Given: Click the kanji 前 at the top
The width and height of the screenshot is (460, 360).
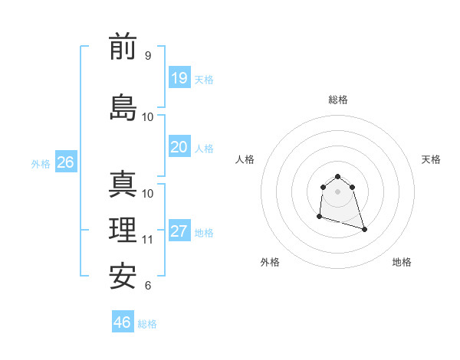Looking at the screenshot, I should coord(123,47).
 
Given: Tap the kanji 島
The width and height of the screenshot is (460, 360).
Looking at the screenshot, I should coord(123,107).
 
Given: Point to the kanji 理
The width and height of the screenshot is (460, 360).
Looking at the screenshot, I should coord(123,231).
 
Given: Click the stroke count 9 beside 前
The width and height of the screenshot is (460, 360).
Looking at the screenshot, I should coord(147,56).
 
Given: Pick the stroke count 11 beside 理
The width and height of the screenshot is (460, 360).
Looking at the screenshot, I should coord(148,240).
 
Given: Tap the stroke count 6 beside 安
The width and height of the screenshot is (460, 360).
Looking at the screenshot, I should coord(147,286).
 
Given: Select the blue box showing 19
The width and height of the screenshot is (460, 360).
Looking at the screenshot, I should coord(179,78).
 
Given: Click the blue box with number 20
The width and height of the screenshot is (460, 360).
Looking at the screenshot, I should coord(179,147).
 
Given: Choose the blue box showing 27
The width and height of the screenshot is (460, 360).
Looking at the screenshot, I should coord(179,231).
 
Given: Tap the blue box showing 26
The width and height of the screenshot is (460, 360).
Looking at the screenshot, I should coord(65,162).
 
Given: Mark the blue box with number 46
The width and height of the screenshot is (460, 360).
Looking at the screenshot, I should coord(123,322).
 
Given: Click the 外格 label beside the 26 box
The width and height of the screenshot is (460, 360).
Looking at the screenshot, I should coord(41,163).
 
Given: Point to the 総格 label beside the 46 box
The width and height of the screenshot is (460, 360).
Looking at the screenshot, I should coord(147,324).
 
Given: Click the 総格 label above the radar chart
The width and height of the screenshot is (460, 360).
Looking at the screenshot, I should coord(337,100).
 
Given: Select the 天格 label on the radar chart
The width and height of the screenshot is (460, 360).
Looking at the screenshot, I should coord(431,159).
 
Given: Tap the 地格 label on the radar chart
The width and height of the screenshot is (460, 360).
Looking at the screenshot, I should coord(402,262).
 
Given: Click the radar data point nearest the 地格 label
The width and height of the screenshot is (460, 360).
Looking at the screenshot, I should coord(364,229).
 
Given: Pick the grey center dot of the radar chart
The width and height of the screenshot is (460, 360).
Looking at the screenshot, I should coord(337,191).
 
